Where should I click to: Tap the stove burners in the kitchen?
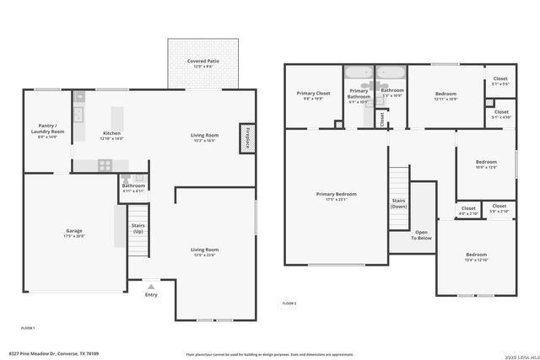(105, 165)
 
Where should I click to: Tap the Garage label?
(74, 233)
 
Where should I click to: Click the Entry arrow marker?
(151, 286)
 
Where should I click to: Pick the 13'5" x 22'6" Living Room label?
(204, 252)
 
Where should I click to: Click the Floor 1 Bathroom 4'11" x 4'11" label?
(133, 188)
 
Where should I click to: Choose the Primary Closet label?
(313, 95)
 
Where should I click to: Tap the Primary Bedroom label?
(336, 196)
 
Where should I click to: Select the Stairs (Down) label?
(399, 203)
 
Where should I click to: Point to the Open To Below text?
(421, 235)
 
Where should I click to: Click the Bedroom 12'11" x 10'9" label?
(445, 96)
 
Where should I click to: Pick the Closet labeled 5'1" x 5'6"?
(500, 81)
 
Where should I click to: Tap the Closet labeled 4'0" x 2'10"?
(468, 211)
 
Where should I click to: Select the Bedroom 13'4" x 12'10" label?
(476, 257)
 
